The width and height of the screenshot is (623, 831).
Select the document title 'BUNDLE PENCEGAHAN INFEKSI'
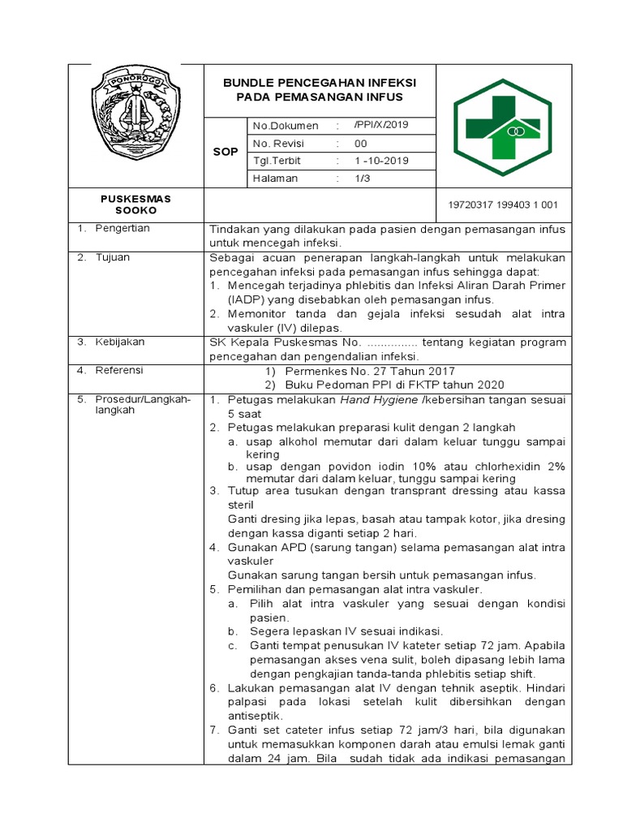pyautogui.click(x=320, y=83)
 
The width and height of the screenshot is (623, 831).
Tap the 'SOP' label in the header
pyautogui.click(x=225, y=152)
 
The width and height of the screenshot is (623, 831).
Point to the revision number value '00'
pyautogui.click(x=361, y=143)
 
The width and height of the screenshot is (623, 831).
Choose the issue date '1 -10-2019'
pyautogui.click(x=381, y=161)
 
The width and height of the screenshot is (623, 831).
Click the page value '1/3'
pyautogui.click(x=362, y=179)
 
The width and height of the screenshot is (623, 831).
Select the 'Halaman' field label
pyautogui.click(x=275, y=179)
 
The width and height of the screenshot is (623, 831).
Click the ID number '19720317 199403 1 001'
pyautogui.click(x=503, y=205)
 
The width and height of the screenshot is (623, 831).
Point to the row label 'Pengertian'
pyautogui.click(x=122, y=229)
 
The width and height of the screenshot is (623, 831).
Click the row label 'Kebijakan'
pyautogui.click(x=118, y=342)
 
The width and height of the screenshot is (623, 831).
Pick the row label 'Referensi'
pyautogui.click(x=118, y=370)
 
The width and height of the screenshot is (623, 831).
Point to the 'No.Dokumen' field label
pyautogui.click(x=286, y=126)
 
